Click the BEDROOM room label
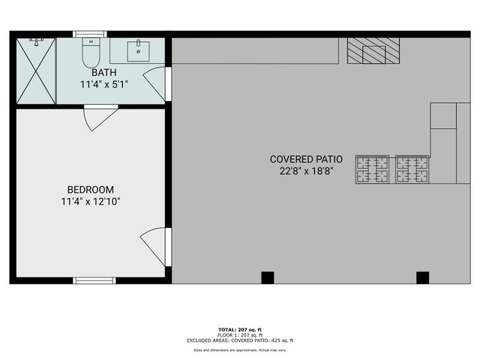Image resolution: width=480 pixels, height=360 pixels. (x=91, y=190)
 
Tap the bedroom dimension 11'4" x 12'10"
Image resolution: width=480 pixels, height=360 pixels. (x=91, y=201)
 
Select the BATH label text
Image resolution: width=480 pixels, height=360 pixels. (x=104, y=73)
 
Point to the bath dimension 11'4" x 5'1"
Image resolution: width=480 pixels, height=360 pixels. (x=104, y=84)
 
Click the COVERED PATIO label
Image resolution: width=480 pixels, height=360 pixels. (x=306, y=159)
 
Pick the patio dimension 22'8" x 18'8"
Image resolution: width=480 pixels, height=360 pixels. (x=306, y=171)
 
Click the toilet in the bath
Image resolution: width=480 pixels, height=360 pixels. (x=91, y=52)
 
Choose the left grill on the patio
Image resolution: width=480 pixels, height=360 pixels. (x=373, y=169)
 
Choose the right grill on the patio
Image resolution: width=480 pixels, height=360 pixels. (x=412, y=169)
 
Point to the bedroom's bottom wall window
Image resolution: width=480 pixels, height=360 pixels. (x=94, y=280)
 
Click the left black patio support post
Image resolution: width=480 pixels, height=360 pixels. (x=268, y=277)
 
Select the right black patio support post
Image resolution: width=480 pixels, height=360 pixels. (x=422, y=277)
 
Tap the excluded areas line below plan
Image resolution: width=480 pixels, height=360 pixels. (x=240, y=341)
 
